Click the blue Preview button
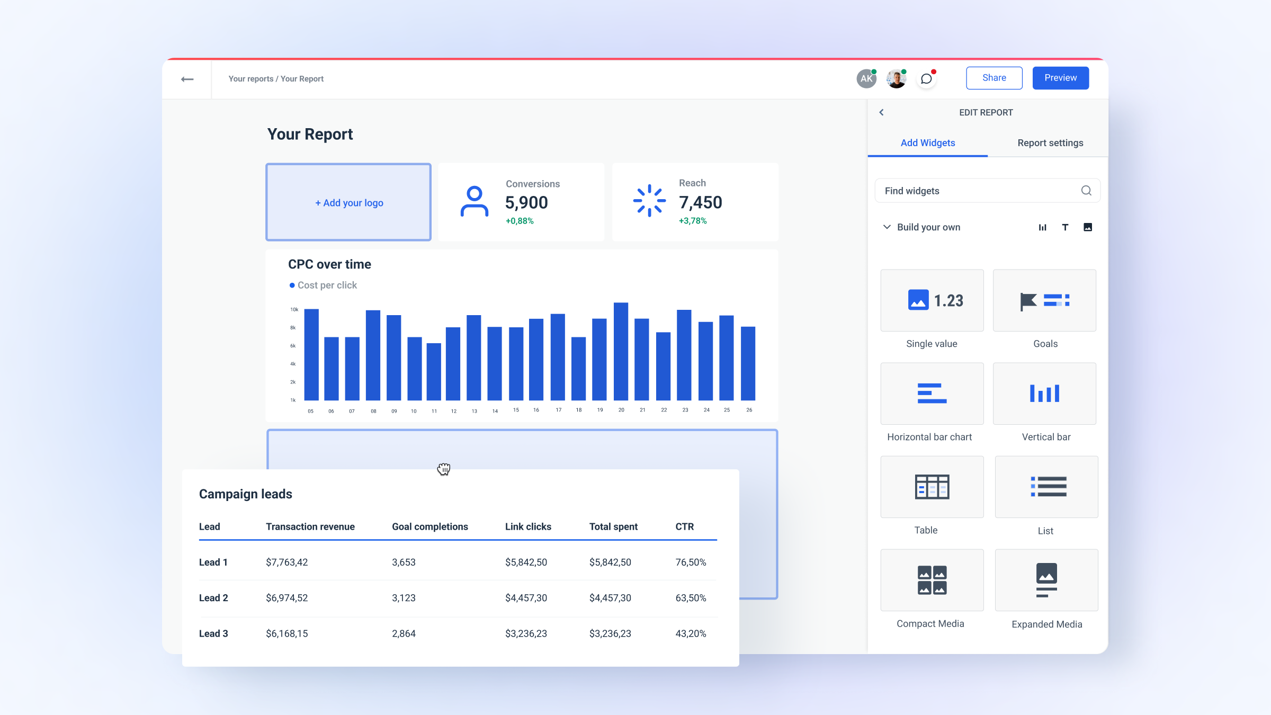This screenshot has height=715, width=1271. tap(1060, 78)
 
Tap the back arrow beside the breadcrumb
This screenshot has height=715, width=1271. tap(187, 79)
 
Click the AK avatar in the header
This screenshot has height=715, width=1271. tap(866, 79)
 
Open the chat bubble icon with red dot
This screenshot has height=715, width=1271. tap(926, 79)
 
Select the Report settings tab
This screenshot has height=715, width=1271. tap(1050, 143)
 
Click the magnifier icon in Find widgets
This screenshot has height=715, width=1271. tap(1086, 191)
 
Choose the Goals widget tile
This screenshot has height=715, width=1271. tap(1044, 301)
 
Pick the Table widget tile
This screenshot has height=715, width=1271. tap(932, 487)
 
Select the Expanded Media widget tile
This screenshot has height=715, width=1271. tap(1046, 580)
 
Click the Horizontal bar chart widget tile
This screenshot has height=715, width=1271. tap(932, 394)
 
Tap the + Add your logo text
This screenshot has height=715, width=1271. tap(349, 203)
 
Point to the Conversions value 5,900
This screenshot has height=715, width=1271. tap(526, 202)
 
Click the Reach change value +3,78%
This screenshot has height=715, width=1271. tap(693, 221)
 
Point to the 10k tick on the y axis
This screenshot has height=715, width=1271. tap(294, 309)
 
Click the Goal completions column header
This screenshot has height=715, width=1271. tap(429, 526)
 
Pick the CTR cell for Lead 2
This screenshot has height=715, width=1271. tap(691, 598)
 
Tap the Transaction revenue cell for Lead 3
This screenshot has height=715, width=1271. tap(287, 633)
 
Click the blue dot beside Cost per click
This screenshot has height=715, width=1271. tap(292, 285)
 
